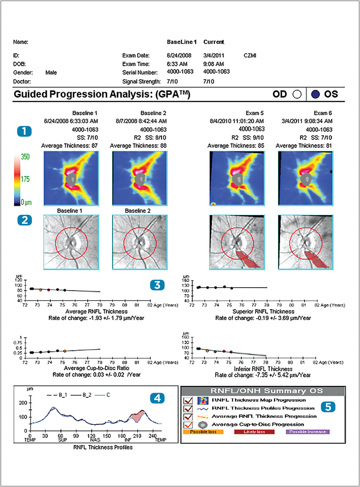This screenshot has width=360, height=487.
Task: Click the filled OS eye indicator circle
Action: tap(315, 94)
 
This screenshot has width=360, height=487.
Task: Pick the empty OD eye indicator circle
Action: tap(296, 94)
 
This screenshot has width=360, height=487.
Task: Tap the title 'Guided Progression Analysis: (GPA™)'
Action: tap(102, 94)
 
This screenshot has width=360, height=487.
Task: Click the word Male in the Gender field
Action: tap(51, 71)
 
